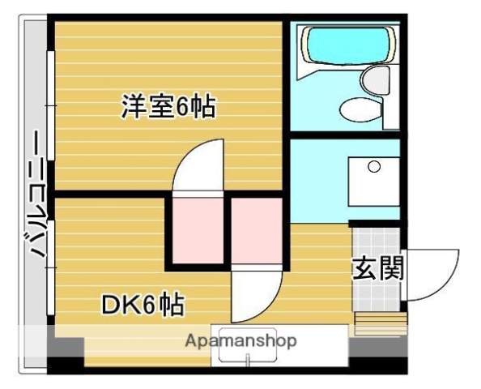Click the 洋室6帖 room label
click(x=168, y=107)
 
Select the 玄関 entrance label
click(x=377, y=268)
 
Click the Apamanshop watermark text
click(x=240, y=340)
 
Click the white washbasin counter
click(x=373, y=182)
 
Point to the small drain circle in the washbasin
click(x=373, y=168)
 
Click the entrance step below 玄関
click(x=377, y=322)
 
